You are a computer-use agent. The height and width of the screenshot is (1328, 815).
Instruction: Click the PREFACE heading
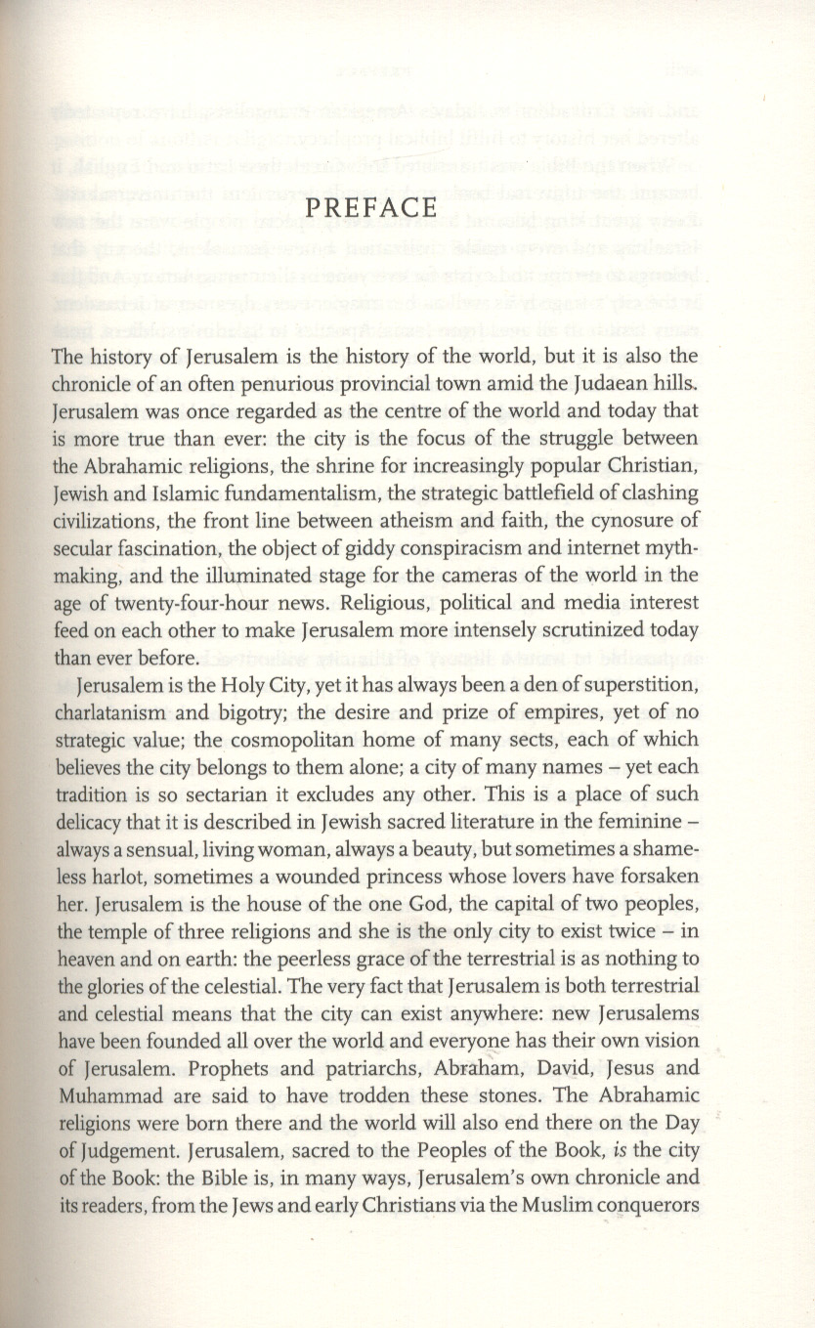point(369,209)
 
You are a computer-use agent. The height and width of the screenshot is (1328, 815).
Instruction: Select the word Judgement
point(117,1148)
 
